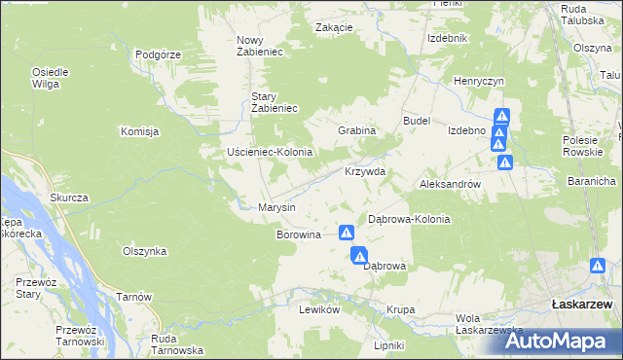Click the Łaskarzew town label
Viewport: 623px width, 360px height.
580,305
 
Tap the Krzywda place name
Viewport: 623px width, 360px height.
365,172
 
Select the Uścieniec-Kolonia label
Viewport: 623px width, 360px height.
269,153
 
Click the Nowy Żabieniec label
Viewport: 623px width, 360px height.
259,46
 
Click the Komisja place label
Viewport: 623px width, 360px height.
139,131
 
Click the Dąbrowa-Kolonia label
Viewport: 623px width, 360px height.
409,220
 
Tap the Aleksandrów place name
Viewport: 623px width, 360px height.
449,183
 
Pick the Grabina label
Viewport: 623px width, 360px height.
356,130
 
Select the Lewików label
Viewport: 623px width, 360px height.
318,308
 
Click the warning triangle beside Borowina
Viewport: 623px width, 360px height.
346,233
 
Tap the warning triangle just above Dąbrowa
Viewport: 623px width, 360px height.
359,254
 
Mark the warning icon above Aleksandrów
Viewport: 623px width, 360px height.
505,162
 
